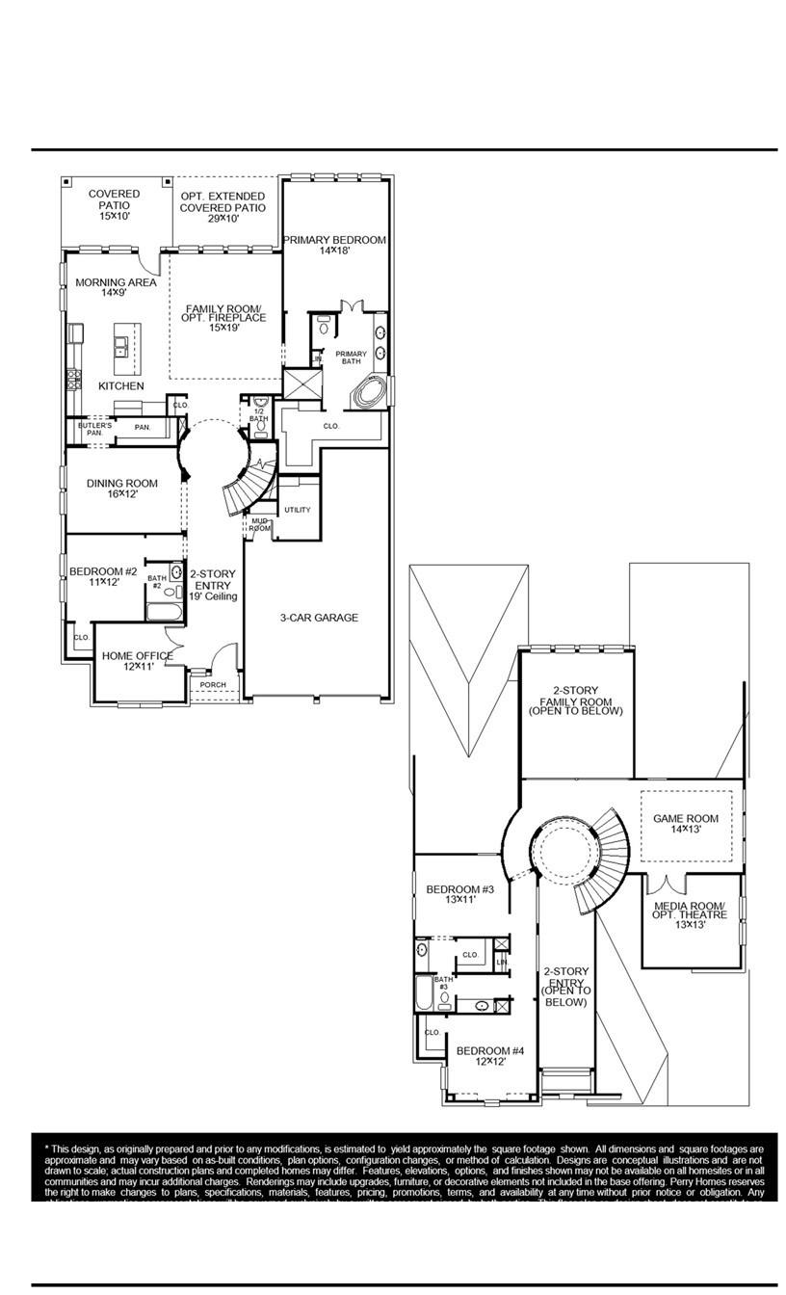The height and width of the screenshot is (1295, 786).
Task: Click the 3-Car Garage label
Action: [319, 618]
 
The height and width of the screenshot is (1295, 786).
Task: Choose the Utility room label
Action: [298, 510]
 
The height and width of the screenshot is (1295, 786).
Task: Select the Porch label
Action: [212, 685]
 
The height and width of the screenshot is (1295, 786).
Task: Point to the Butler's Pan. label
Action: [94, 429]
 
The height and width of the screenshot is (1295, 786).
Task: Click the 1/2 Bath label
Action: [258, 415]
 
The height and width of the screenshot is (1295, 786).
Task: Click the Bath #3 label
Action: [442, 983]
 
